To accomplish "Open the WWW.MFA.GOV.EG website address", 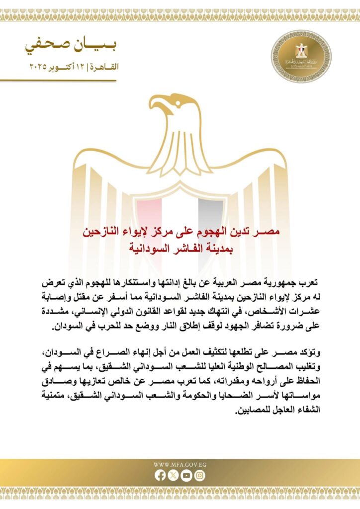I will click(180, 465).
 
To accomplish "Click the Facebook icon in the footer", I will click(160, 476).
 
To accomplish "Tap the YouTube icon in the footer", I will click(186, 476).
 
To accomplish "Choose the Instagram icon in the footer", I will click(200, 476).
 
